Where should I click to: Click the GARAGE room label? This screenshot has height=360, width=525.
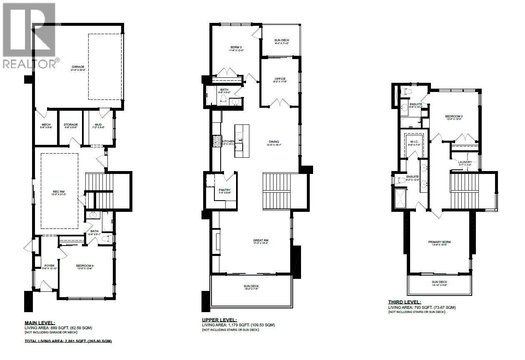click(78, 67)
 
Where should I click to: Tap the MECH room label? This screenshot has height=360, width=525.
click(46, 124)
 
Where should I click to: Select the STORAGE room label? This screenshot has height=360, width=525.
click(71, 124)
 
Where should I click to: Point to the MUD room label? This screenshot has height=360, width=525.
click(98, 124)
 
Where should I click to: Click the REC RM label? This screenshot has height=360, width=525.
click(59, 192)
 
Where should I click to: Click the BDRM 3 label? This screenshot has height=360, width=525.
click(236, 47)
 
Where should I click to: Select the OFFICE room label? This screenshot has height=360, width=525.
click(280, 79)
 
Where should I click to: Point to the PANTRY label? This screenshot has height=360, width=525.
click(225, 190)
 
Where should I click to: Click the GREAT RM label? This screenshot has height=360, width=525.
click(260, 240)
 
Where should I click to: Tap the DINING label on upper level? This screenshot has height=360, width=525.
click(274, 142)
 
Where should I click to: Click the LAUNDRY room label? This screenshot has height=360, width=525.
click(465, 162)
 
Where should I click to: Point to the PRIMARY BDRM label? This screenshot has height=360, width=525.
click(440, 242)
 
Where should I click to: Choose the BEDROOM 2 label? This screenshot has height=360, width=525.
click(454, 117)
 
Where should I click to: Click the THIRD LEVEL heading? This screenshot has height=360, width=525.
click(404, 302)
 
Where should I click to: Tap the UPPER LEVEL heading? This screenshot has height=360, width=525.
click(219, 320)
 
